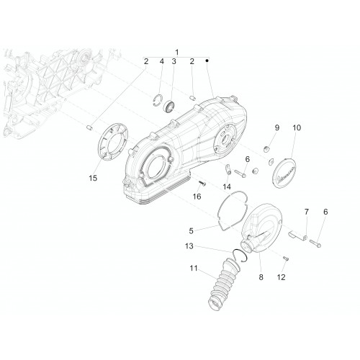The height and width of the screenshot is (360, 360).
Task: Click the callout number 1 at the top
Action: (177, 53)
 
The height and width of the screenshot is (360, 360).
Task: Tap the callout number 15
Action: (93, 178)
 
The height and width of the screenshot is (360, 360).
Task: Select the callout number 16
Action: (197, 197)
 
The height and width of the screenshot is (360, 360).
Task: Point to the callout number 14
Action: (227, 186)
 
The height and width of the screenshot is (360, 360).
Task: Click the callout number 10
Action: (297, 127)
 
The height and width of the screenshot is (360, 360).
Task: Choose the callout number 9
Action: (277, 127)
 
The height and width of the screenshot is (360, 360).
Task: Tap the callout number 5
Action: (191, 231)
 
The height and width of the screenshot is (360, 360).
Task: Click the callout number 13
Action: (189, 246)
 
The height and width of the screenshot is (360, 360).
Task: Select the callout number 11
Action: (194, 269)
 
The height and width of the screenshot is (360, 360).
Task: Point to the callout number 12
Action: (281, 277)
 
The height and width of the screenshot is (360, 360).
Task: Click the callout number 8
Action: (261, 277)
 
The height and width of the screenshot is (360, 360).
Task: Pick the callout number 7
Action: (307, 212)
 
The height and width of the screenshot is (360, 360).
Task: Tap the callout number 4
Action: (162, 61)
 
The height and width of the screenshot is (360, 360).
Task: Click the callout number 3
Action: (174, 61)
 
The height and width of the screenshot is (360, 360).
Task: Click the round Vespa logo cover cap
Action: (285, 174)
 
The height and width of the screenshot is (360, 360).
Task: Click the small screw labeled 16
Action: (202, 184)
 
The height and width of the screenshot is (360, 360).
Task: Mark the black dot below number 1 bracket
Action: (207, 60)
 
